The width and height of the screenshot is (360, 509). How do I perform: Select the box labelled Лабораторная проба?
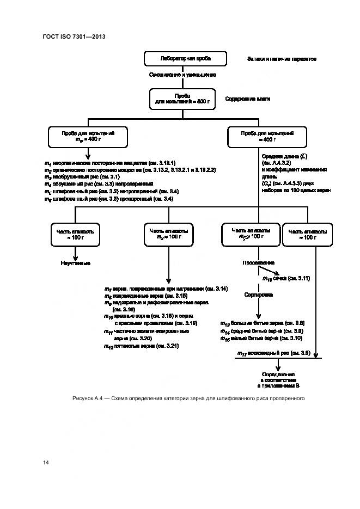(185, 58)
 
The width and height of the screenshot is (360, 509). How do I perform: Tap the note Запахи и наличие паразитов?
(281, 58)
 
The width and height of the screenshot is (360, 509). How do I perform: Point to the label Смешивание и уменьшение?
(182, 75)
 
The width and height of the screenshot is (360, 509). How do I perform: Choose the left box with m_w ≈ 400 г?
(88, 136)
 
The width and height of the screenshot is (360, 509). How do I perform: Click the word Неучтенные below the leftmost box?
(75, 263)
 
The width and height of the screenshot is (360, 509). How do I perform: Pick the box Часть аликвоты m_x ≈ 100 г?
(166, 234)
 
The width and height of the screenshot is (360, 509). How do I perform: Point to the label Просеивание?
(258, 262)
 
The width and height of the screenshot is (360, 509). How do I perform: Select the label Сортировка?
(258, 295)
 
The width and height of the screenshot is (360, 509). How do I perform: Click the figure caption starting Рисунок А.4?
(188, 398)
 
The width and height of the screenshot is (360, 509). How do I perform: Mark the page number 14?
(46, 463)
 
